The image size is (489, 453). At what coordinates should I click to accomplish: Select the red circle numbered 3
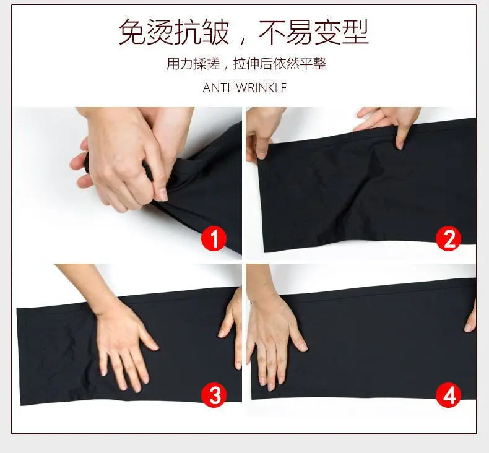(x=214, y=394)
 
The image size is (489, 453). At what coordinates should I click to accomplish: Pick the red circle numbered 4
(x=449, y=394)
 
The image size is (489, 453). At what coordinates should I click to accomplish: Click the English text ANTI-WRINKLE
(x=244, y=88)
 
